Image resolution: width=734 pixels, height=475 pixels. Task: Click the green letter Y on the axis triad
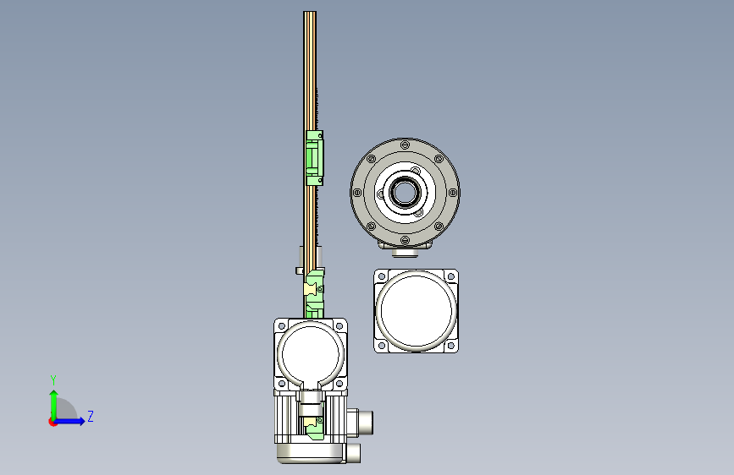point(53,380)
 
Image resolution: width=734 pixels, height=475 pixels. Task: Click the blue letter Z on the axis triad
point(91,416)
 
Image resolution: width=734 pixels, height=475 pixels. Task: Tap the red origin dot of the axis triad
point(52,422)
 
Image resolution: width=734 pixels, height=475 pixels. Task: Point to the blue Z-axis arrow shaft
point(69,421)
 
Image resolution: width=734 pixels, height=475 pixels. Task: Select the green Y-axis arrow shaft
point(54,405)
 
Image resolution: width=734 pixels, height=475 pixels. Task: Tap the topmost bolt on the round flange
point(405,145)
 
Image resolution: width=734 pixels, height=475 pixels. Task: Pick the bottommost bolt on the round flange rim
point(405,240)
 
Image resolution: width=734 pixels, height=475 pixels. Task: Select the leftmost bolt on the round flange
point(357,192)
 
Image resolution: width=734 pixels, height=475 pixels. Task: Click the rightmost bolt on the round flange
point(453,192)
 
